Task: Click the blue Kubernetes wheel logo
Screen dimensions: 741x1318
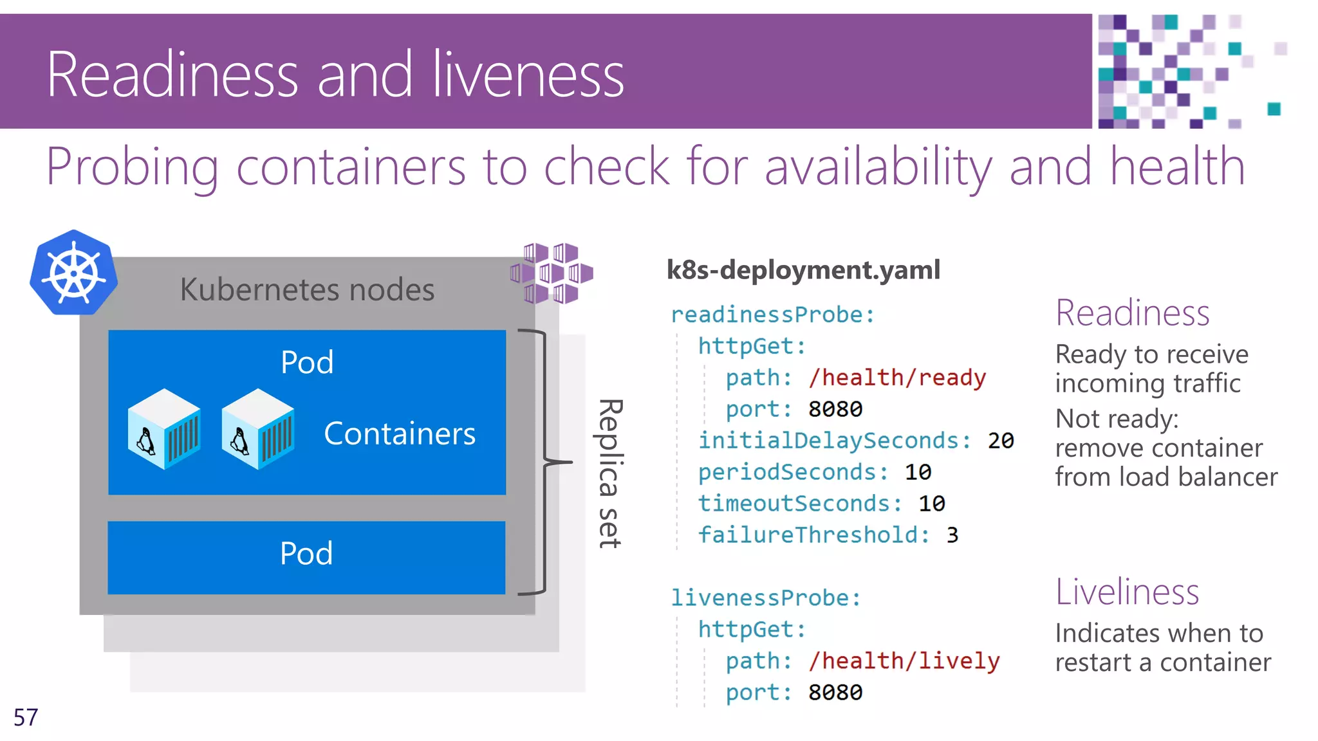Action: pyautogui.click(x=73, y=273)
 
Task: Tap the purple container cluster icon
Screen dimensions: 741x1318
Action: pyautogui.click(x=552, y=273)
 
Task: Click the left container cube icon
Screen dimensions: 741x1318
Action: pyautogui.click(x=163, y=429)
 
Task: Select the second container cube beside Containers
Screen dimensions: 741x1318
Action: pyautogui.click(x=257, y=429)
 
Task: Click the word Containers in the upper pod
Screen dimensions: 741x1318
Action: pyautogui.click(x=400, y=434)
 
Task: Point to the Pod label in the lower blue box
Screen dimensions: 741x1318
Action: pyautogui.click(x=306, y=553)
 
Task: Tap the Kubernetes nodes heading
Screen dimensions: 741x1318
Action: pyautogui.click(x=307, y=289)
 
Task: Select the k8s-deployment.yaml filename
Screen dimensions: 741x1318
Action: pyautogui.click(x=803, y=270)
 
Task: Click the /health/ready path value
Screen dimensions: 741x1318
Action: pyautogui.click(x=897, y=378)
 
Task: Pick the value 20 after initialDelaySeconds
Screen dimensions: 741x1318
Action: pyautogui.click(x=1001, y=441)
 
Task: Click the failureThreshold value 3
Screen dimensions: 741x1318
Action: pyautogui.click(x=952, y=535)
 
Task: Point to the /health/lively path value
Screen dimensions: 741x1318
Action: pyautogui.click(x=904, y=661)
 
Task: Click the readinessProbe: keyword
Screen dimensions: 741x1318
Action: pyautogui.click(x=772, y=315)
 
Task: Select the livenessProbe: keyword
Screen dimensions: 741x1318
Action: pyautogui.click(x=765, y=598)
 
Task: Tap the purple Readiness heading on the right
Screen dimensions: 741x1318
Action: pyautogui.click(x=1133, y=313)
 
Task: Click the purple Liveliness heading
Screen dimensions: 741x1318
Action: pyautogui.click(x=1127, y=592)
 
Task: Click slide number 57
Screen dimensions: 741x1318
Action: pyautogui.click(x=26, y=717)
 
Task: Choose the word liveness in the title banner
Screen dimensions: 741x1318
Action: pyautogui.click(x=528, y=75)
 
